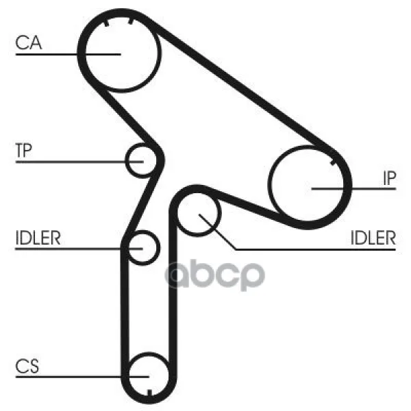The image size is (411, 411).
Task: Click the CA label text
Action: click(x=29, y=42)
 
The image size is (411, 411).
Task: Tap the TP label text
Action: click(x=23, y=151)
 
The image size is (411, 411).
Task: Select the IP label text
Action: click(x=389, y=178)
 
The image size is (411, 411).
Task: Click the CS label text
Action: click(x=27, y=366)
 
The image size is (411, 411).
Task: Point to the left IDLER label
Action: click(x=38, y=238)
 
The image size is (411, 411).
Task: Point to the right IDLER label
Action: click(x=373, y=238)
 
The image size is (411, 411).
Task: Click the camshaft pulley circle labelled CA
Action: click(x=121, y=53)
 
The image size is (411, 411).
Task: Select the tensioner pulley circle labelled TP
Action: click(x=142, y=160)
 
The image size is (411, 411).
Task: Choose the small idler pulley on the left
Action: click(x=143, y=248)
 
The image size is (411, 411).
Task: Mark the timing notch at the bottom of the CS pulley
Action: click(x=149, y=393)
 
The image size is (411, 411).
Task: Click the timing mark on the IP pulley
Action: click(x=333, y=162)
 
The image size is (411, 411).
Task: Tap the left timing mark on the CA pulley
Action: click(x=106, y=23)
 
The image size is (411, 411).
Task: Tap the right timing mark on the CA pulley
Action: click(x=131, y=21)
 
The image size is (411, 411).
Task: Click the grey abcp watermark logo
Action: click(x=214, y=275)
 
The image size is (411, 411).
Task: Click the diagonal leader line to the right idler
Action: click(x=217, y=232)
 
